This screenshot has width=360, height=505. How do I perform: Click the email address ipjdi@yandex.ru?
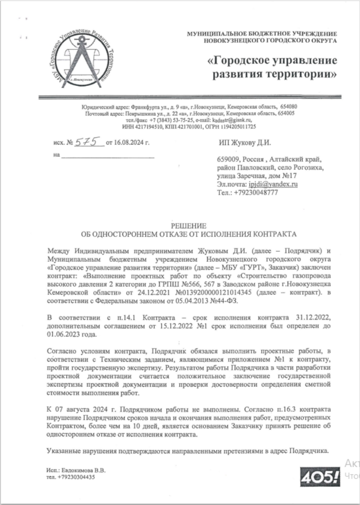tap(274, 184)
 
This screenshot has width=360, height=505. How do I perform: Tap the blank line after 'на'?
tap(107, 154)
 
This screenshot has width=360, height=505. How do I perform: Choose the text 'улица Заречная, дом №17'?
tap(257, 176)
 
